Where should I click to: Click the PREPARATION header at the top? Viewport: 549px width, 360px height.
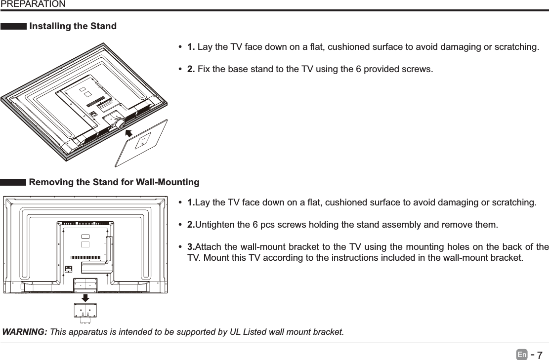tap(33, 4)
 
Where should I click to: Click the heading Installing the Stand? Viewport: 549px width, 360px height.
tap(73, 26)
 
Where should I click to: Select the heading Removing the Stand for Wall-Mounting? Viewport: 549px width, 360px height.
tap(115, 183)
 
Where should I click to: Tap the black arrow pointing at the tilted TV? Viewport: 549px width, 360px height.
tap(131, 133)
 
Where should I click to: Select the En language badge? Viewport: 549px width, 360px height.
tap(523, 355)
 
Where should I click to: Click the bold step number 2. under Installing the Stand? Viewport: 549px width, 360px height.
tap(191, 68)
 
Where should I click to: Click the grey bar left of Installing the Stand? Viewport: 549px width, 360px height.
tap(14, 27)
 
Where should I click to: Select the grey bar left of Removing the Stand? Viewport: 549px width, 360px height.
tap(14, 183)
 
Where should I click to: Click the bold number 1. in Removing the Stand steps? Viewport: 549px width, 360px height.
tap(191, 203)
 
